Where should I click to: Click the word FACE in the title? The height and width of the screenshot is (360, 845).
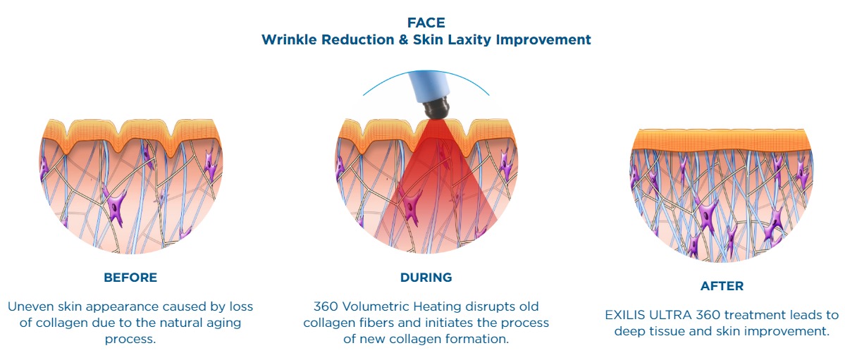point(426,23)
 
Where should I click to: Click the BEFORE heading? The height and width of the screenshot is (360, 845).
point(130,278)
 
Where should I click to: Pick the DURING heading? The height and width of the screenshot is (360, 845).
point(426,278)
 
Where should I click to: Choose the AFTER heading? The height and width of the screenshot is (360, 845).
point(722,286)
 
